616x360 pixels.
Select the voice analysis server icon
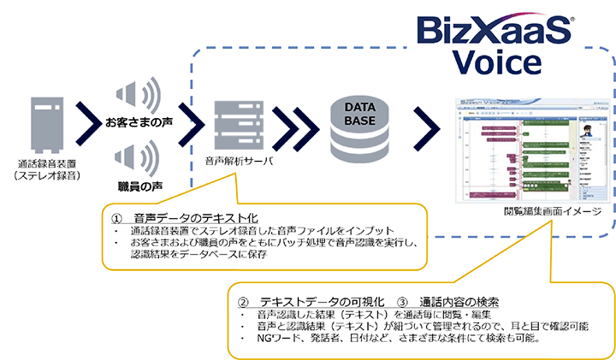click(x=236, y=125)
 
